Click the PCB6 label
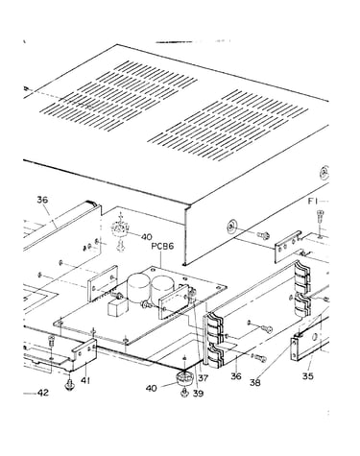(162, 247)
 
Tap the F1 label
(312, 202)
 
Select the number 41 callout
(85, 380)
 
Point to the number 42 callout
(43, 393)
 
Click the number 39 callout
(198, 394)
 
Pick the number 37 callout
(203, 378)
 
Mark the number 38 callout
(255, 383)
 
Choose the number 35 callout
(308, 376)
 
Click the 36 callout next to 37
(236, 376)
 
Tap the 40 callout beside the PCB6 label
(147, 237)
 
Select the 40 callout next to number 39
(152, 388)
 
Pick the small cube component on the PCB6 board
(115, 308)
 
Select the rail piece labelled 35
(310, 342)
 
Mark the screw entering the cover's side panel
(264, 235)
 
